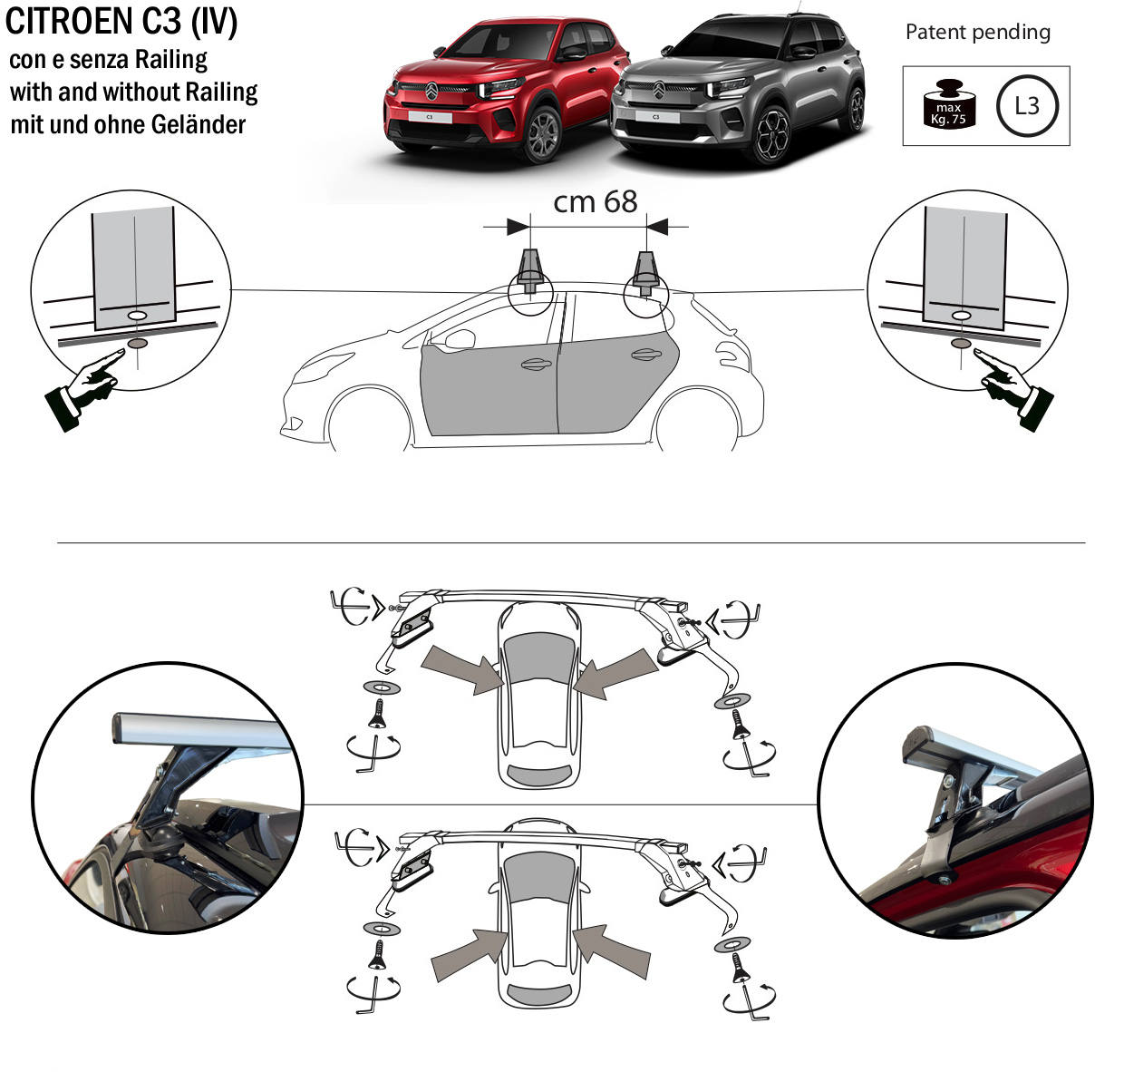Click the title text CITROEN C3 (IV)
click(121, 22)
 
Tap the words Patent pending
click(978, 32)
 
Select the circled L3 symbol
click(1027, 106)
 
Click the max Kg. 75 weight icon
click(948, 103)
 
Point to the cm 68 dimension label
click(596, 201)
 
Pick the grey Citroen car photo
click(738, 89)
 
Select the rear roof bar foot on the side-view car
click(646, 272)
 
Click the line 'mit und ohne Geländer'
click(128, 125)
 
